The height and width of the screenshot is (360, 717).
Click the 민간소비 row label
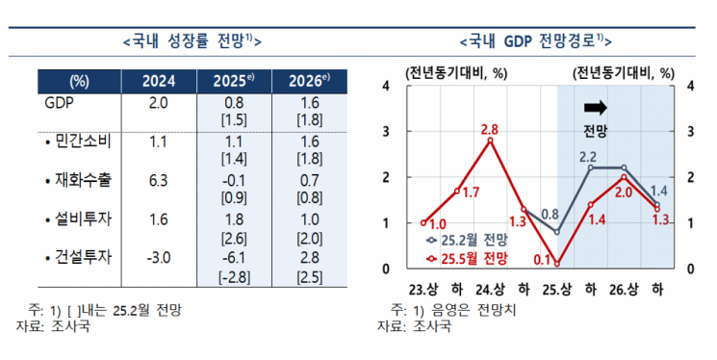tap(79, 141)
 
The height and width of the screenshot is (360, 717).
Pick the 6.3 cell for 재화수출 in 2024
tap(159, 180)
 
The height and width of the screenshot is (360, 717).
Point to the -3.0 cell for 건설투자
tap(159, 257)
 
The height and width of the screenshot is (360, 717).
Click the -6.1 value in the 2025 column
tap(234, 257)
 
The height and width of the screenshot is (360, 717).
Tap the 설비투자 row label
tap(79, 219)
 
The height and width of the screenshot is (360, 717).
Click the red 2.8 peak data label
tap(490, 129)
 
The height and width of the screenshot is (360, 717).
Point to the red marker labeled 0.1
tap(557, 263)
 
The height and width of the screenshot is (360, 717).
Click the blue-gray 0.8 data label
tap(551, 214)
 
